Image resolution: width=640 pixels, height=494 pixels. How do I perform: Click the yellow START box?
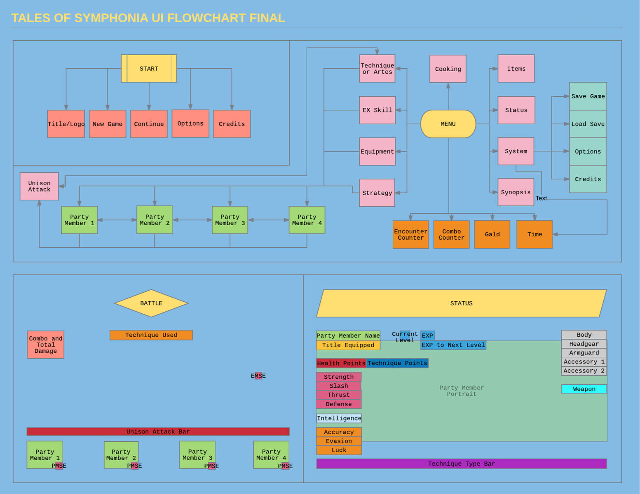149,69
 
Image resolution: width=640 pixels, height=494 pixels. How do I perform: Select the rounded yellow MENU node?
448,124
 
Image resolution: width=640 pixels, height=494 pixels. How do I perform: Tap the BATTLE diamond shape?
151,303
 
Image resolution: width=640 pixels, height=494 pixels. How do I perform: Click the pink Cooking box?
448,69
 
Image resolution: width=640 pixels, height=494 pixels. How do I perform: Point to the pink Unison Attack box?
39,186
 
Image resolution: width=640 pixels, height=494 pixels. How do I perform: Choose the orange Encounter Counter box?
410,235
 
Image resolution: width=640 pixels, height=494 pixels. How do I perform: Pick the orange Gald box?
492,235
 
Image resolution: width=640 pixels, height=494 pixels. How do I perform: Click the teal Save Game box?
588,96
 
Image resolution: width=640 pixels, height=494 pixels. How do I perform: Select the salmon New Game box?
108,124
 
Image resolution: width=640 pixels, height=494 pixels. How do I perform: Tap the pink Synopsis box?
516,192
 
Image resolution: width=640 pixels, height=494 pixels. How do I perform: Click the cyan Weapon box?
584,389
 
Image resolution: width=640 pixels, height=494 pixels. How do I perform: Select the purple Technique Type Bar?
461,464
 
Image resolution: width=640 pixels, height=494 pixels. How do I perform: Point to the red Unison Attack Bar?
158,431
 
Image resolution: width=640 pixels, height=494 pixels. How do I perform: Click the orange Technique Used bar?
151,335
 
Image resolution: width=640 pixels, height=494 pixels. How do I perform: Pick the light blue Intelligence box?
339,418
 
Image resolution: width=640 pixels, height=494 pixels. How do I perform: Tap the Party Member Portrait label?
461,391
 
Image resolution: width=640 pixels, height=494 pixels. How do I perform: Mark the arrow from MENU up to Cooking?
448,96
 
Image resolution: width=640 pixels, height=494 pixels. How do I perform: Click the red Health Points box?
341,363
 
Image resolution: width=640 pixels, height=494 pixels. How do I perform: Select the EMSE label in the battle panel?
258,376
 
